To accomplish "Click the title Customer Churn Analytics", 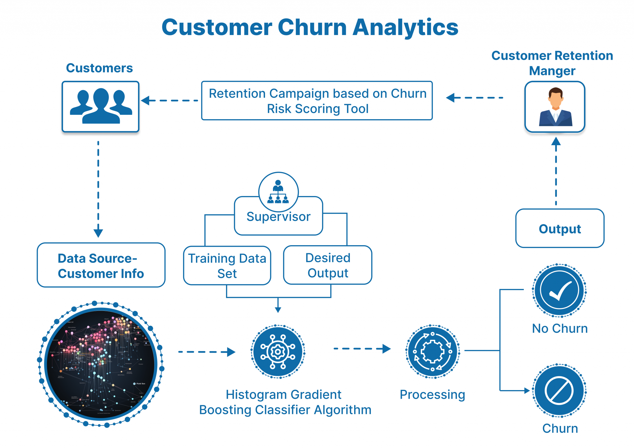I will (310, 27).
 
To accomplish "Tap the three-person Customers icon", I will (101, 106).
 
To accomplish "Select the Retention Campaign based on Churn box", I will (317, 101).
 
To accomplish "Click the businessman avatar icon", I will (555, 107).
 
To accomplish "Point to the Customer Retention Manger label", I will (552, 63).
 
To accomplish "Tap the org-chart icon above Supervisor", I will (278, 192).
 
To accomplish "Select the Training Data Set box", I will (227, 266).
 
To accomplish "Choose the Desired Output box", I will (328, 265).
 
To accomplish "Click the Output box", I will (560, 228).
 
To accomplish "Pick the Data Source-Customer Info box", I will (101, 265).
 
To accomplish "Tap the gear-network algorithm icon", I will (278, 351).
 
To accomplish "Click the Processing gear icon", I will (432, 351).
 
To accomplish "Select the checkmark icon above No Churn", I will (559, 290).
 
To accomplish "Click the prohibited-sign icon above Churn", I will (559, 390).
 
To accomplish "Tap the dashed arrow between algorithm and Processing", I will (362, 349).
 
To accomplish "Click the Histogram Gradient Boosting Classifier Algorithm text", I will (285, 402).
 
